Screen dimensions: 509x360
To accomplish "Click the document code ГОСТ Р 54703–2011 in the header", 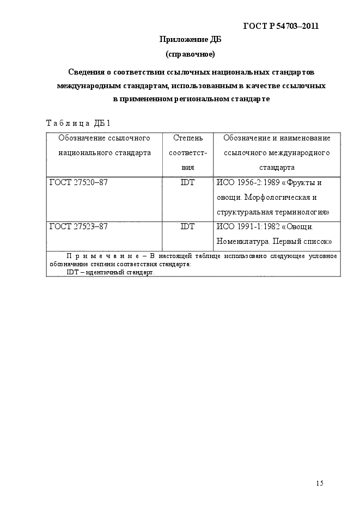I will click(280, 26).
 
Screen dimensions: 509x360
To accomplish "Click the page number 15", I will click(319, 483).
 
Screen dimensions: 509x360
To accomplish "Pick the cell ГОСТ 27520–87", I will click(78, 183).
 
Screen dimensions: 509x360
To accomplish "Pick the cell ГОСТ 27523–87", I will click(78, 226).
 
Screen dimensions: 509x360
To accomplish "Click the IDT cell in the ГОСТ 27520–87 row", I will click(187, 183).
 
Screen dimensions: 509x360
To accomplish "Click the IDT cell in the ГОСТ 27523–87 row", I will click(187, 226).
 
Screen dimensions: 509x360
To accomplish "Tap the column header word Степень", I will click(187, 138).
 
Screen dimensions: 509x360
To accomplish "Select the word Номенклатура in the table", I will click(242, 241).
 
